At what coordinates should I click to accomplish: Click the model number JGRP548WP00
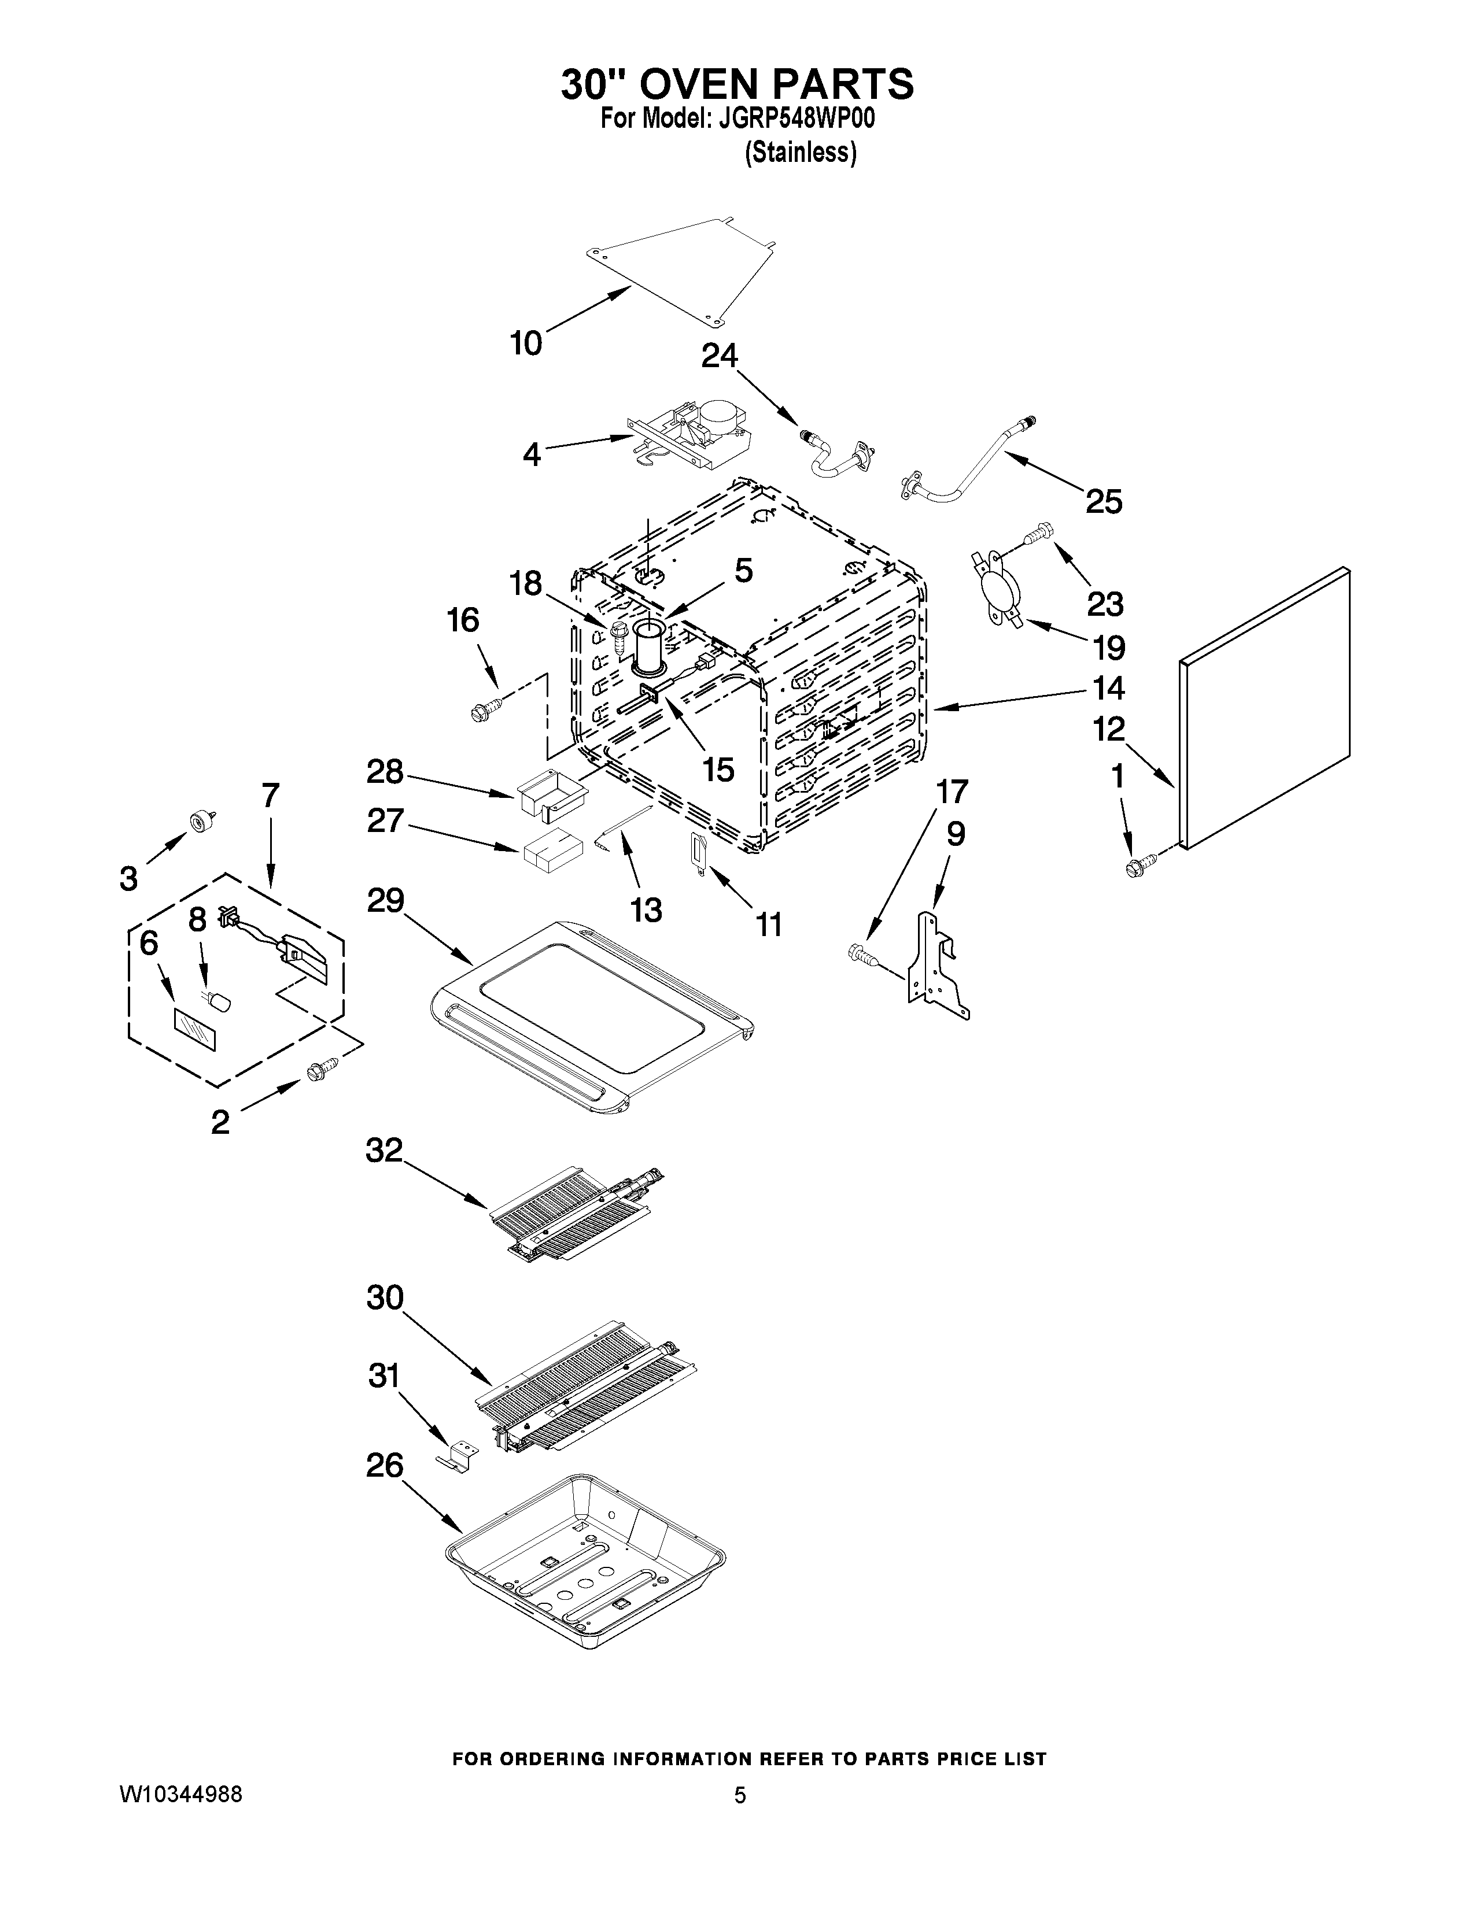coord(796,119)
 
